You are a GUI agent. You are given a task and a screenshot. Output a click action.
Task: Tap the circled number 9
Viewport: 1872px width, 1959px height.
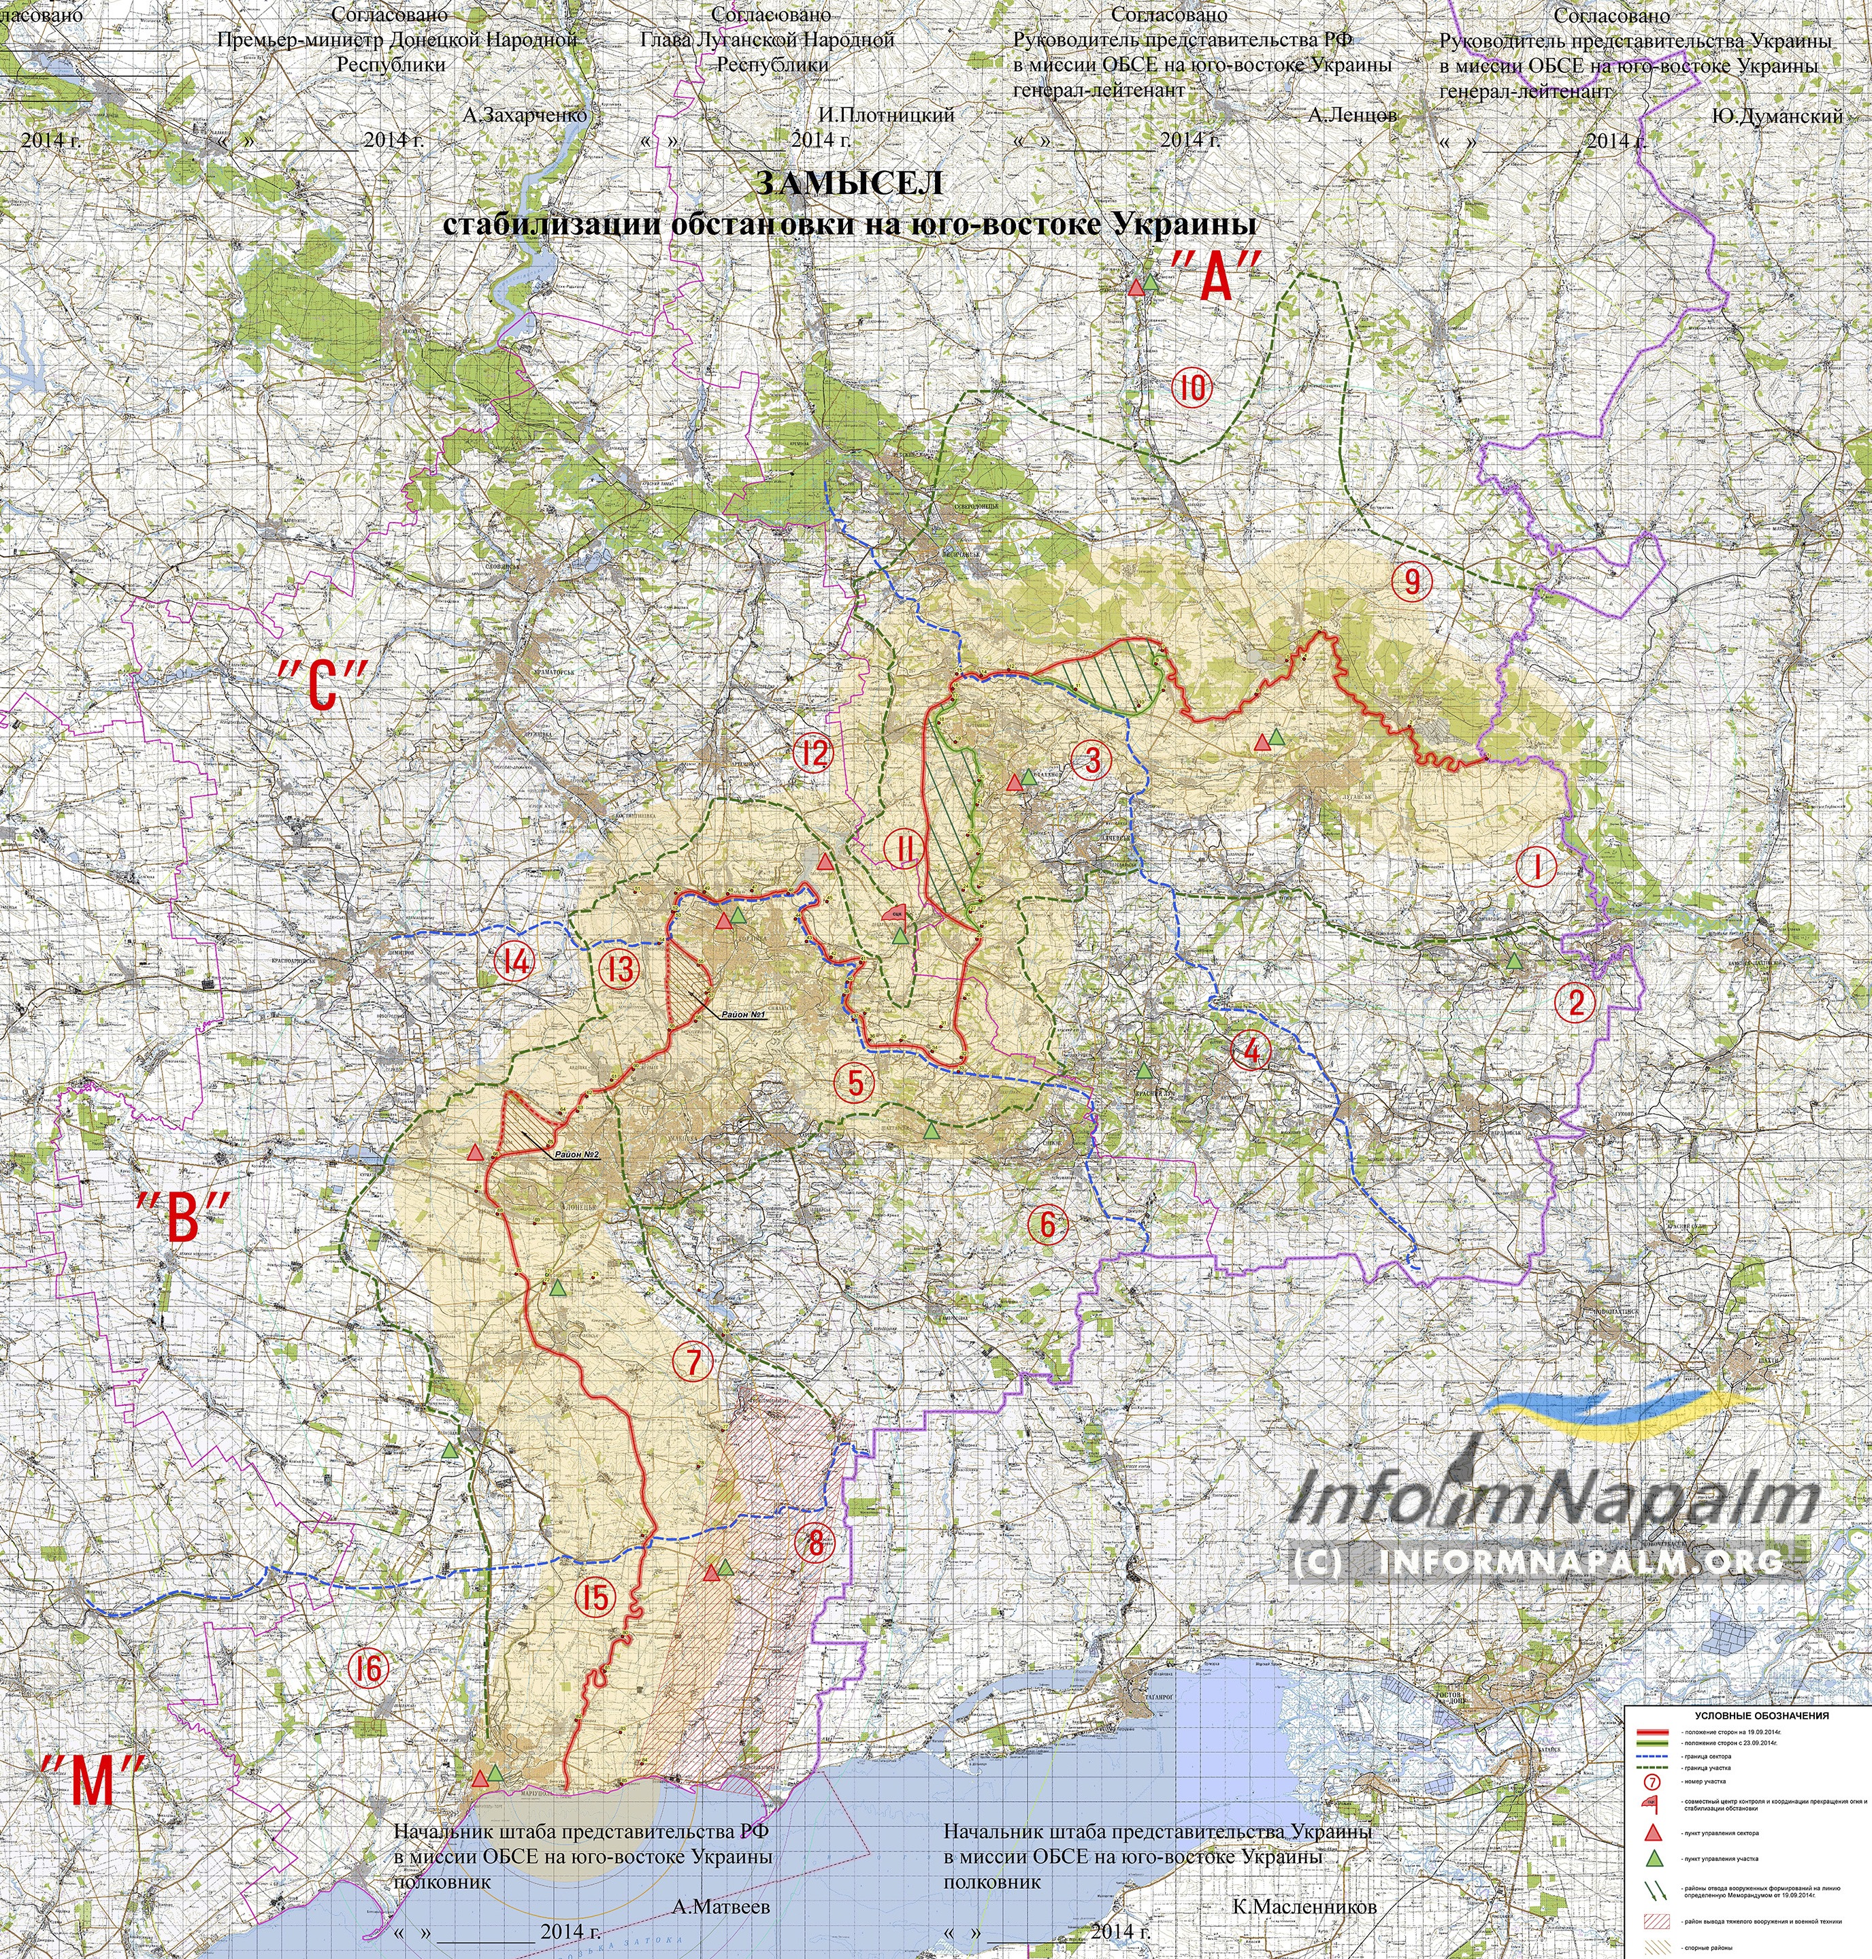click(1412, 581)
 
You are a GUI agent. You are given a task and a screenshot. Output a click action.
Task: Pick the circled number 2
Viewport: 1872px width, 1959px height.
click(1577, 1001)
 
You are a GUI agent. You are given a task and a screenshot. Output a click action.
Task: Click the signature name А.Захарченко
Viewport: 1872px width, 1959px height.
click(524, 116)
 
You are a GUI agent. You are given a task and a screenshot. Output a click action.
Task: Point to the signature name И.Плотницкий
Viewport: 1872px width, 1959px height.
click(885, 116)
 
